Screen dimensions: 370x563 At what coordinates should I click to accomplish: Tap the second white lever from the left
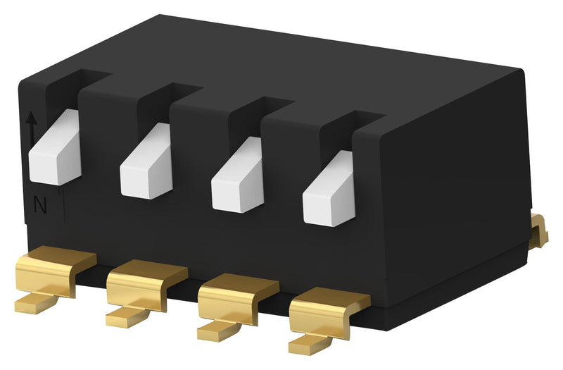(x=146, y=165)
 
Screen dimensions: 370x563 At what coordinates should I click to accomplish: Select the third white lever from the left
(x=238, y=179)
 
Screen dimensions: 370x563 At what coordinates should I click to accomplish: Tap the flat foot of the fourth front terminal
(x=307, y=344)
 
